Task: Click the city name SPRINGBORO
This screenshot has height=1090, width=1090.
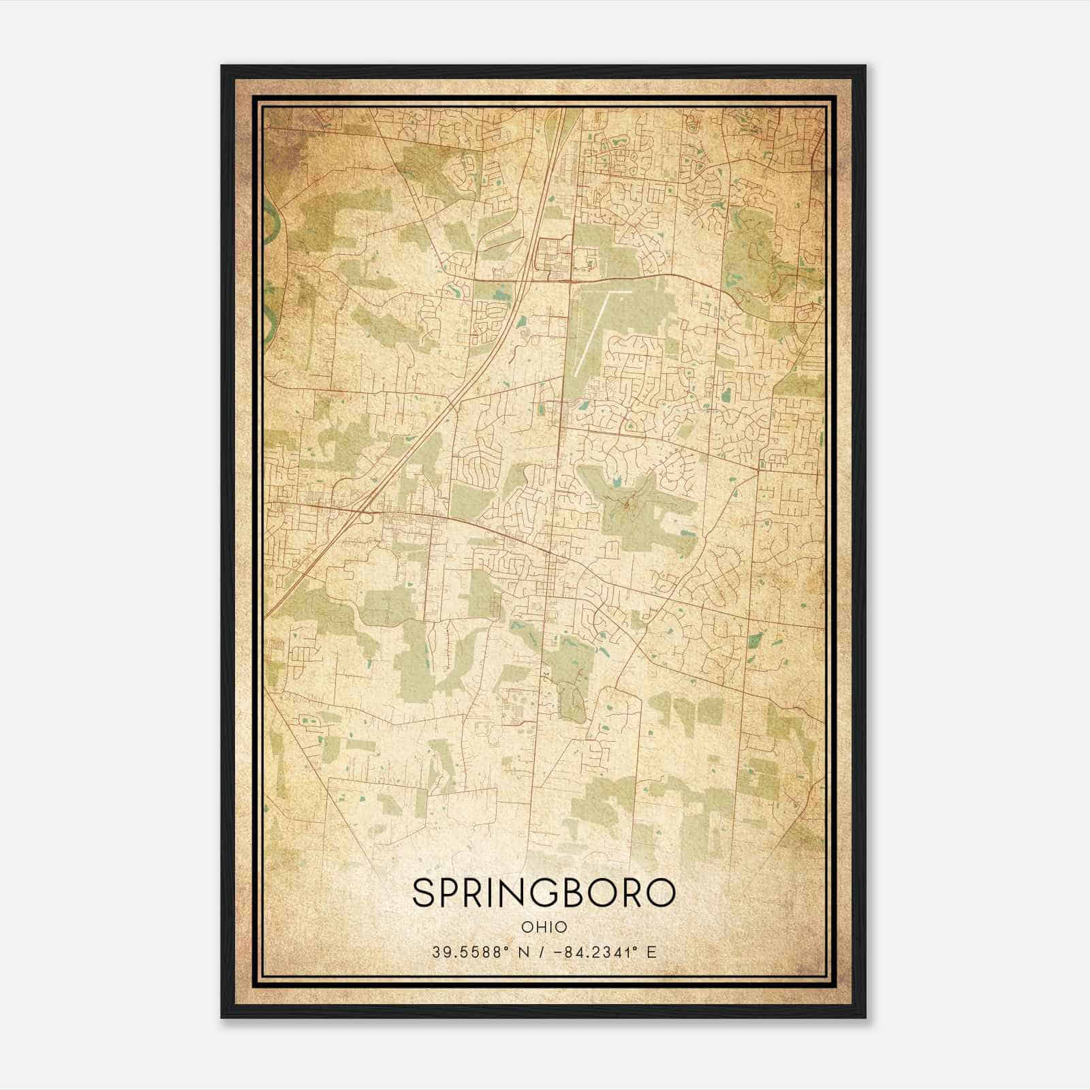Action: [x=544, y=893]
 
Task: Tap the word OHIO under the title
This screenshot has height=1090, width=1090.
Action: [x=544, y=927]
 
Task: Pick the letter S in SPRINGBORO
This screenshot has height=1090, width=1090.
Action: [x=423, y=893]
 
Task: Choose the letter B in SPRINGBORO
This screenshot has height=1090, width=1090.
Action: [x=570, y=893]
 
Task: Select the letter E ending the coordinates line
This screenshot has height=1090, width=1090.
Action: [x=652, y=952]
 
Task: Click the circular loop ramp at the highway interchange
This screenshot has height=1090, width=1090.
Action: [x=367, y=517]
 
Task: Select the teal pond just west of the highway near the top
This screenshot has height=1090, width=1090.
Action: [x=502, y=295]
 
